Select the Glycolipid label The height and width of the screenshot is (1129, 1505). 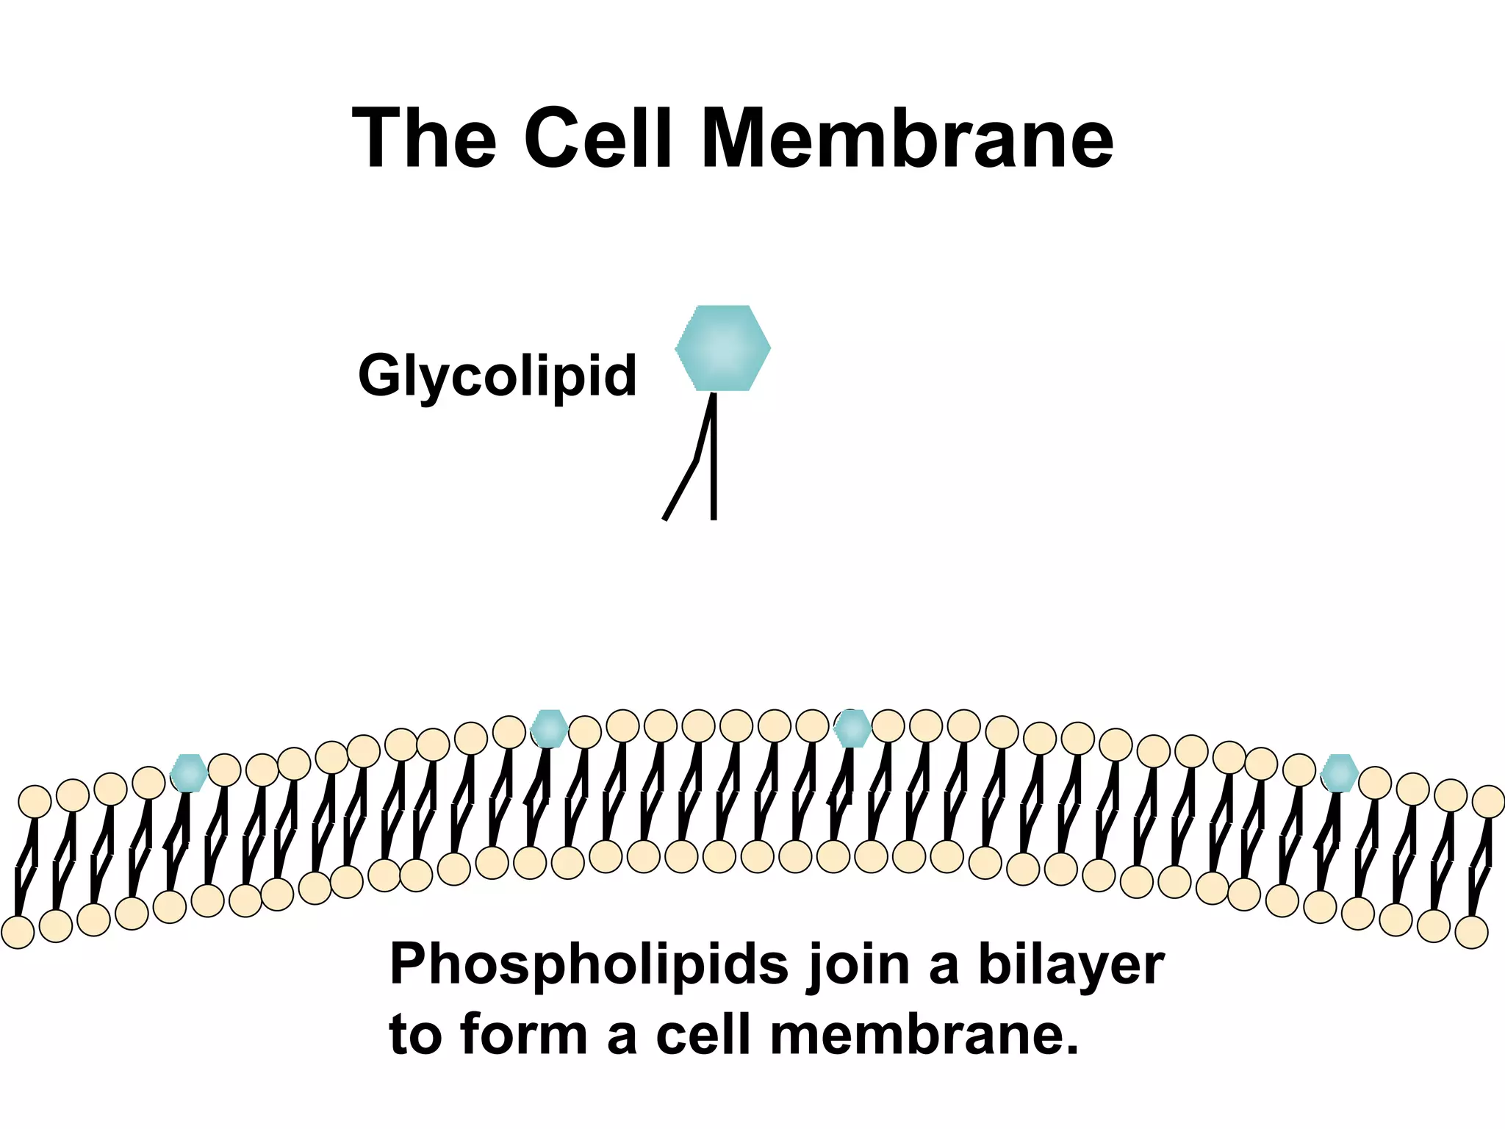pos(497,376)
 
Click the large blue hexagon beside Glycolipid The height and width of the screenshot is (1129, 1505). pos(722,348)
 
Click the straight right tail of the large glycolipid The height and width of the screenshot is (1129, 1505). pos(714,470)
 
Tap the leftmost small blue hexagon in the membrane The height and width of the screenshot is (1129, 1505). pos(189,773)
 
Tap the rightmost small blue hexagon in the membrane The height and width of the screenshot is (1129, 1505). pos(1339,773)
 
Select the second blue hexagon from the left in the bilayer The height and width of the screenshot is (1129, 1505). pos(549,728)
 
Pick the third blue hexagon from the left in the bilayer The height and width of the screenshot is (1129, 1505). pos(852,728)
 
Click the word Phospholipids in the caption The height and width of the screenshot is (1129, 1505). pos(589,964)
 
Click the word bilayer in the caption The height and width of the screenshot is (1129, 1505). pos(1071,964)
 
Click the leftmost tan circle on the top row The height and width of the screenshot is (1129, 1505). pos(35,801)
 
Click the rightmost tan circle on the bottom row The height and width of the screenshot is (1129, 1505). pos(1471,932)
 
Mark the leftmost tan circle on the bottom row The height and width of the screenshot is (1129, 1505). pos(18,932)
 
